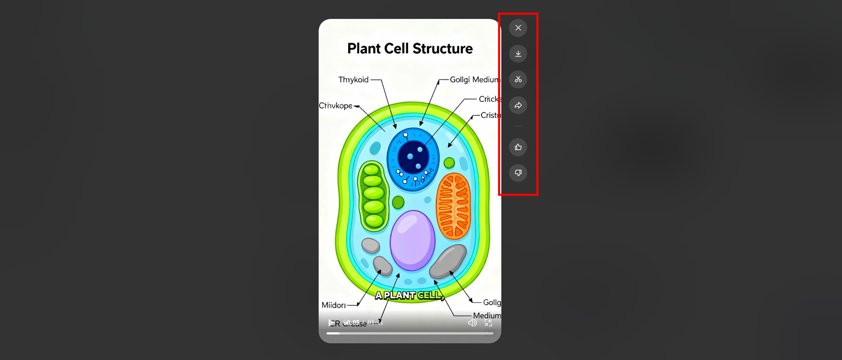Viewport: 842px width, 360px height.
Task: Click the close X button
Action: (x=518, y=28)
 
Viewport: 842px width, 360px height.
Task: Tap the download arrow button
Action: (x=518, y=54)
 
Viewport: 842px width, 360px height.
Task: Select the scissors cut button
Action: (x=518, y=80)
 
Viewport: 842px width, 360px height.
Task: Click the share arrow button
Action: (x=518, y=105)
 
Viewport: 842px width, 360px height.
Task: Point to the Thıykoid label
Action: (x=353, y=80)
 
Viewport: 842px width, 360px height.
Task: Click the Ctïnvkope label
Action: (x=336, y=106)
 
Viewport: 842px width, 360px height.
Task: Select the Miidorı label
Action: (x=333, y=305)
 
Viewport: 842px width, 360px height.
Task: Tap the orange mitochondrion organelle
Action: (x=453, y=206)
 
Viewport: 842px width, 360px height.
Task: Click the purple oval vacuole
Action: (x=412, y=241)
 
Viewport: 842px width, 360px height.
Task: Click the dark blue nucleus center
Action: (x=413, y=157)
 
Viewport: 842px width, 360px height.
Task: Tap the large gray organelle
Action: (x=448, y=261)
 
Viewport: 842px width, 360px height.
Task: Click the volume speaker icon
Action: (x=472, y=323)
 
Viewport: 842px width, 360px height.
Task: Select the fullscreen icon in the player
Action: (x=488, y=323)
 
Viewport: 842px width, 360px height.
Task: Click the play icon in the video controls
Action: (x=331, y=323)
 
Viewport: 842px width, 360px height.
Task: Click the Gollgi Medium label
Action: (x=474, y=80)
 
